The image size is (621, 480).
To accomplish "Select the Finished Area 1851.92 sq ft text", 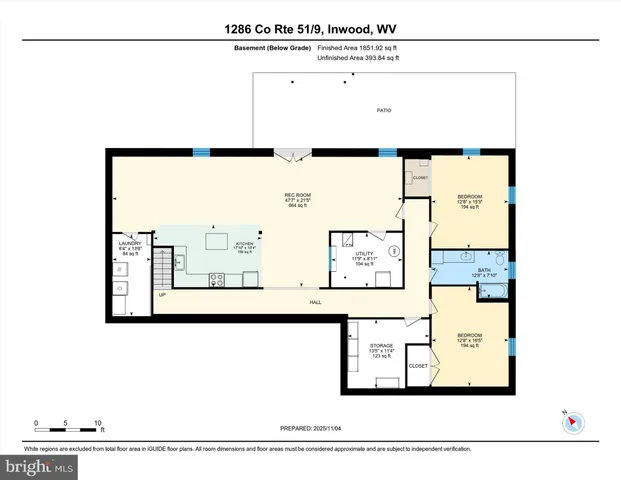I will click(x=356, y=47).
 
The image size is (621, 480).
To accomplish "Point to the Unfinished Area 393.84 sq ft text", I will click(x=357, y=59).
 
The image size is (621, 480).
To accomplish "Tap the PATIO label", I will click(x=384, y=110).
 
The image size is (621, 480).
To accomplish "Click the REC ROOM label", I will click(x=294, y=196).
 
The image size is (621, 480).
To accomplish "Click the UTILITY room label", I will click(x=364, y=254).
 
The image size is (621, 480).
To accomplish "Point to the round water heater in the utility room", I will click(x=394, y=250).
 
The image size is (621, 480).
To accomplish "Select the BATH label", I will click(x=484, y=269).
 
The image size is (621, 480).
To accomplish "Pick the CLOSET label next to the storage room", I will click(x=418, y=366).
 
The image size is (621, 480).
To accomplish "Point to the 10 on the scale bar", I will click(x=97, y=422).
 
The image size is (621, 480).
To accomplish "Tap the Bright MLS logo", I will click(x=40, y=466).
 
